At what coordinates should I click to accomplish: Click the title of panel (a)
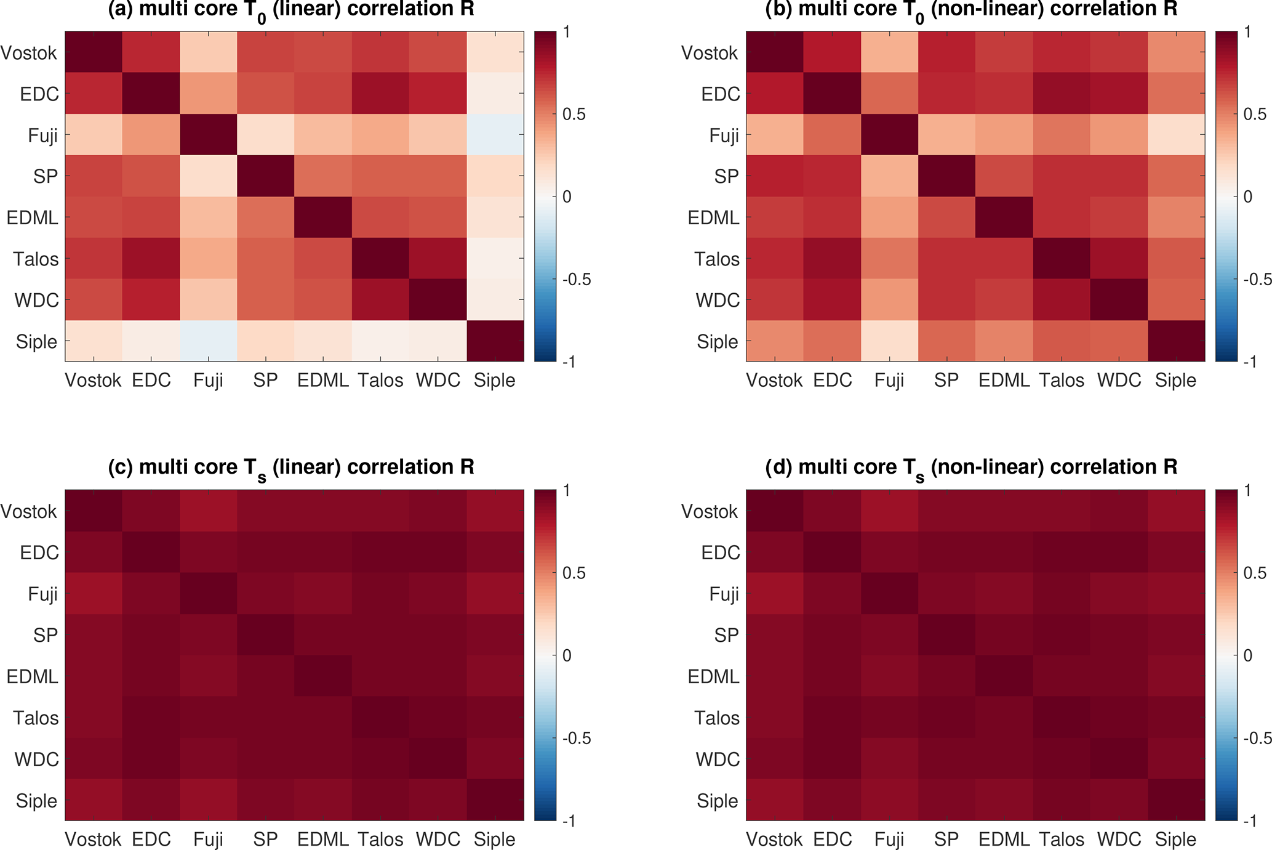(x=291, y=10)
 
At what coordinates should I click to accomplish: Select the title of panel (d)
(x=971, y=467)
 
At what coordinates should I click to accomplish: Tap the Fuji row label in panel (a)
(x=43, y=136)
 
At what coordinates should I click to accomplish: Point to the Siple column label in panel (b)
(x=1175, y=381)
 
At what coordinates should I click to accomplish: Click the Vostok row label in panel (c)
(x=29, y=511)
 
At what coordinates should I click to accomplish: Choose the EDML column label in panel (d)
(x=1004, y=840)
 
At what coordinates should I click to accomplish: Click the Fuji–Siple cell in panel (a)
(x=495, y=135)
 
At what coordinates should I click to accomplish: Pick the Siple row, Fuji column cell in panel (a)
(x=209, y=341)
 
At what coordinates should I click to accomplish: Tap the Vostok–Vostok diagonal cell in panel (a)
(x=94, y=52)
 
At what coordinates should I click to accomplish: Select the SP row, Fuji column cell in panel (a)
(x=209, y=176)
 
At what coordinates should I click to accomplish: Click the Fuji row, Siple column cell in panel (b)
(x=1176, y=135)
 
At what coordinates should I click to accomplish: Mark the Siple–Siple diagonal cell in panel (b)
(x=1176, y=341)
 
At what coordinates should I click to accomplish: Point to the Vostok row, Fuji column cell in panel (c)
(x=209, y=511)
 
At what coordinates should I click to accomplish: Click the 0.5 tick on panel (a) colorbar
(x=574, y=115)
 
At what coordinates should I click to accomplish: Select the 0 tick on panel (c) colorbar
(x=567, y=655)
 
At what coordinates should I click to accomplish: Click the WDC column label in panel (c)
(x=438, y=840)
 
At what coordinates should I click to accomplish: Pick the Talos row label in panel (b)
(x=717, y=259)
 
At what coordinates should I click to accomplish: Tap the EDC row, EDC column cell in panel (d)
(x=832, y=552)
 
